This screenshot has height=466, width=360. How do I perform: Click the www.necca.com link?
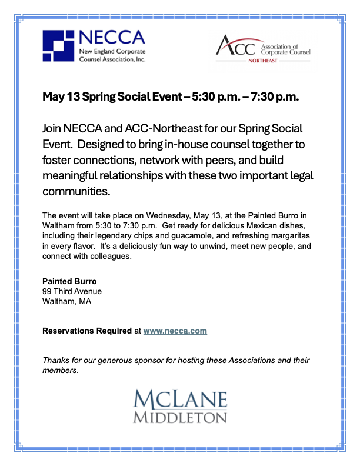tap(175, 331)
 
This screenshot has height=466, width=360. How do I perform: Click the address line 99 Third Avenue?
tap(72, 292)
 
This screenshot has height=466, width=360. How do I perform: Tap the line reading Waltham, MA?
tap(67, 302)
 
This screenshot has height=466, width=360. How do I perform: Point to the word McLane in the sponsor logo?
tap(180, 400)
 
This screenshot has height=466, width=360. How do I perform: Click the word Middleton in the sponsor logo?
tap(180, 418)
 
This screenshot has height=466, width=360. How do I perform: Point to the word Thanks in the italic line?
tap(56, 360)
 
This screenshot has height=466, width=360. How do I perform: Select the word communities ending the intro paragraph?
tap(76, 192)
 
